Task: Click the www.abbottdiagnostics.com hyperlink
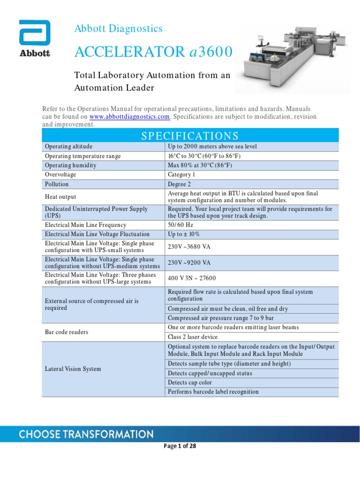coord(129,116)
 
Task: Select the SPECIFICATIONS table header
coord(189,136)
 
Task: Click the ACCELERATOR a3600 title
coord(153,52)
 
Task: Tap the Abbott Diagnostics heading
coord(119,29)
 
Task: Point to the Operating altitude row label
coord(68,146)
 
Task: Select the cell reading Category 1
coord(181,174)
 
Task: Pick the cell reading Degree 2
coord(179,184)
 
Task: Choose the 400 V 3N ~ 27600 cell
coord(192,278)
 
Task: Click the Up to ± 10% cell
coord(180,234)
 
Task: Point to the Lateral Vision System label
coord(73,369)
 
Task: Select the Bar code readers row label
coord(67,332)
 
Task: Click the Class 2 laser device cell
coord(192,337)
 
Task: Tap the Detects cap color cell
coord(189,382)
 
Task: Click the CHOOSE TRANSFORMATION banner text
coord(86,434)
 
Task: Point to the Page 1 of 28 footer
coord(180,446)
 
